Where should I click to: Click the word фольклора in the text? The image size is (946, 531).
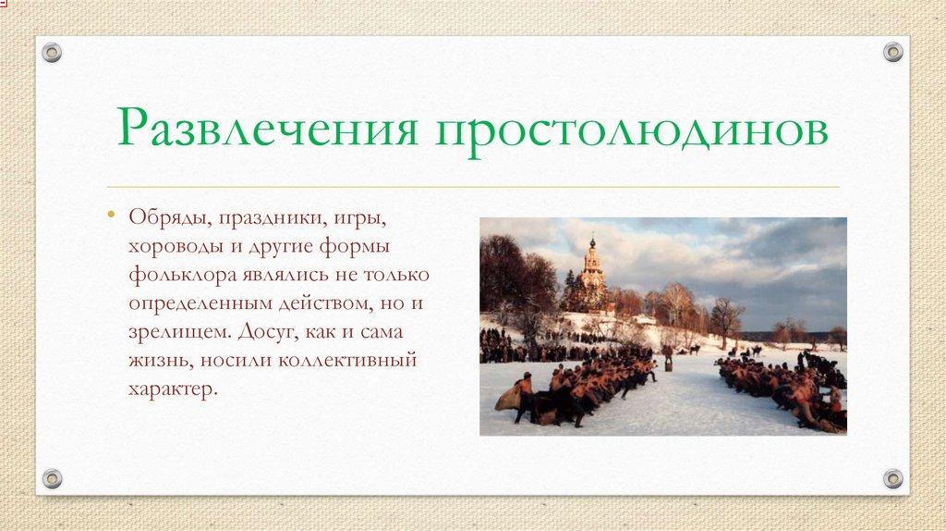point(176,277)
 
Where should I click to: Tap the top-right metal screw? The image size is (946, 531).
point(893,53)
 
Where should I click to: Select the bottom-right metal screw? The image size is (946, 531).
point(893,478)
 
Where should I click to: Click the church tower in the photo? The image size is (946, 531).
point(592,268)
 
